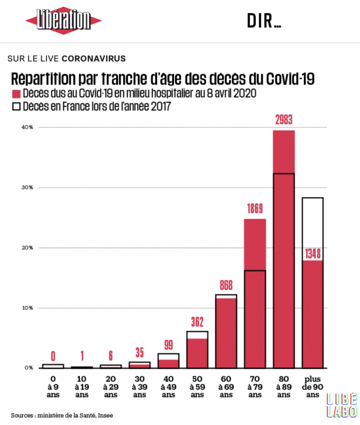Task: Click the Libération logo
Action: [63, 21]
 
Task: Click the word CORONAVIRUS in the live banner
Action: [93, 58]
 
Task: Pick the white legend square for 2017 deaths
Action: [16, 106]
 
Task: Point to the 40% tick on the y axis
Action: [27, 127]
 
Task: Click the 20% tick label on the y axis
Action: [27, 248]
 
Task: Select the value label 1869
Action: [255, 209]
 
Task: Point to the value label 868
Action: [226, 286]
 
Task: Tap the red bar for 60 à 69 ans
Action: [226, 334]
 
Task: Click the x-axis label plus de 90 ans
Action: [313, 385]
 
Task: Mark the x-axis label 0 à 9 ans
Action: [53, 385]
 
